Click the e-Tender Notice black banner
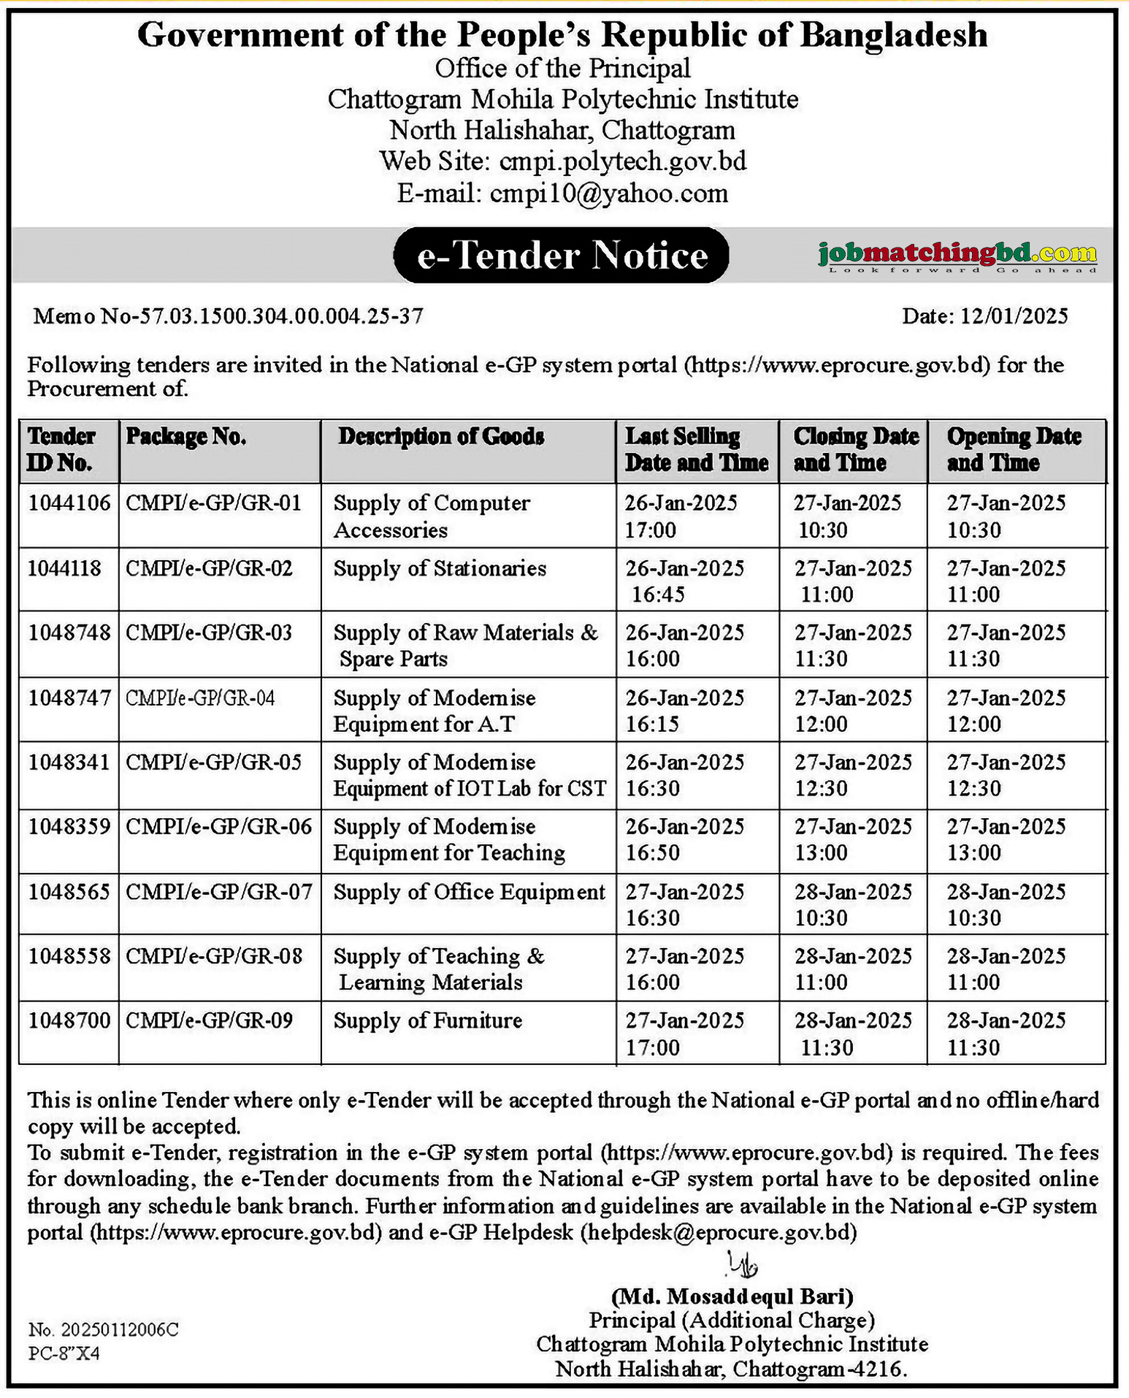561,256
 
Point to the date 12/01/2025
1014,316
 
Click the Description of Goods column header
441,437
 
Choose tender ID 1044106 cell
69,503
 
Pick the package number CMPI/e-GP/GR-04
200,699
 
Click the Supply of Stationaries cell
440,569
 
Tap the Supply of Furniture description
428,1021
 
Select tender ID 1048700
69,1021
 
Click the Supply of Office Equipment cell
470,893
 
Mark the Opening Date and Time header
1014,449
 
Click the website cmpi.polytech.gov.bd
623,161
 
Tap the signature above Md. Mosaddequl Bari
742,1263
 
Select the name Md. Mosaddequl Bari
732,1296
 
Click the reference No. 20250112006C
103,1329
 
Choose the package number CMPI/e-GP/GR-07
219,893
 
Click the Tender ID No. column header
62,449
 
